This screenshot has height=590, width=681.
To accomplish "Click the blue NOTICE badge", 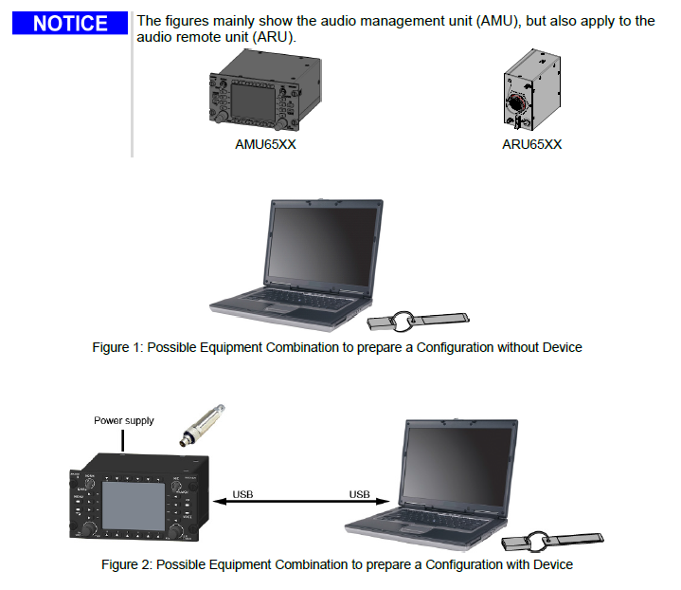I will click(x=69, y=24).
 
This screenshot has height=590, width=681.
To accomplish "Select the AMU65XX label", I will click(x=266, y=144).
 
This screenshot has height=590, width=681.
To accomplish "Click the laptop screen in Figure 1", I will click(x=324, y=252).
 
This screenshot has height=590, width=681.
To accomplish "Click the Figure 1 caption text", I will click(x=336, y=347).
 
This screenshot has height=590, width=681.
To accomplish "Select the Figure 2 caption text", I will click(x=336, y=564).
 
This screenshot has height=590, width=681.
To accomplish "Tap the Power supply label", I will click(x=123, y=420).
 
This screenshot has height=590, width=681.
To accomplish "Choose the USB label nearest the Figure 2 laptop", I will click(x=359, y=494).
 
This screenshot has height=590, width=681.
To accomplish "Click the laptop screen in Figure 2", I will click(x=459, y=468).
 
